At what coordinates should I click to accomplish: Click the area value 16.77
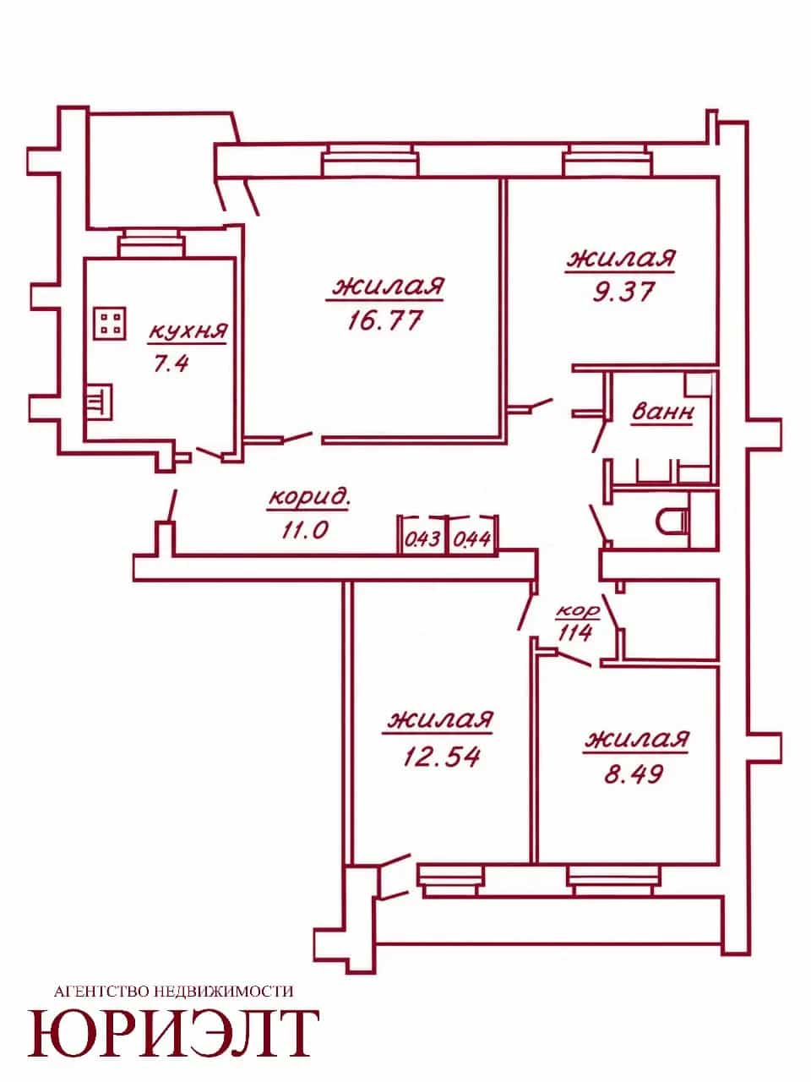click(385, 320)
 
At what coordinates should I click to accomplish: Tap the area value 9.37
click(623, 292)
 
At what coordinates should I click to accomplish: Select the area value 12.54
click(441, 757)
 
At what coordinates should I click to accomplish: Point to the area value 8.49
click(634, 775)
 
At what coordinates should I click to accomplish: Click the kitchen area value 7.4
click(171, 364)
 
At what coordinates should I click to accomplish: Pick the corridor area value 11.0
click(305, 530)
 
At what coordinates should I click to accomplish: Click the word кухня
click(188, 331)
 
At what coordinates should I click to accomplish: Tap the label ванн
click(663, 412)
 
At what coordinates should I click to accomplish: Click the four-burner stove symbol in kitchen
click(111, 323)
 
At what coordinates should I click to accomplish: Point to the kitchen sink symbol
click(100, 402)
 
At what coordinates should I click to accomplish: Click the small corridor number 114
click(574, 632)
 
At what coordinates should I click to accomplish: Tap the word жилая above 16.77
click(389, 287)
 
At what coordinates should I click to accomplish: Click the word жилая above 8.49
click(636, 740)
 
